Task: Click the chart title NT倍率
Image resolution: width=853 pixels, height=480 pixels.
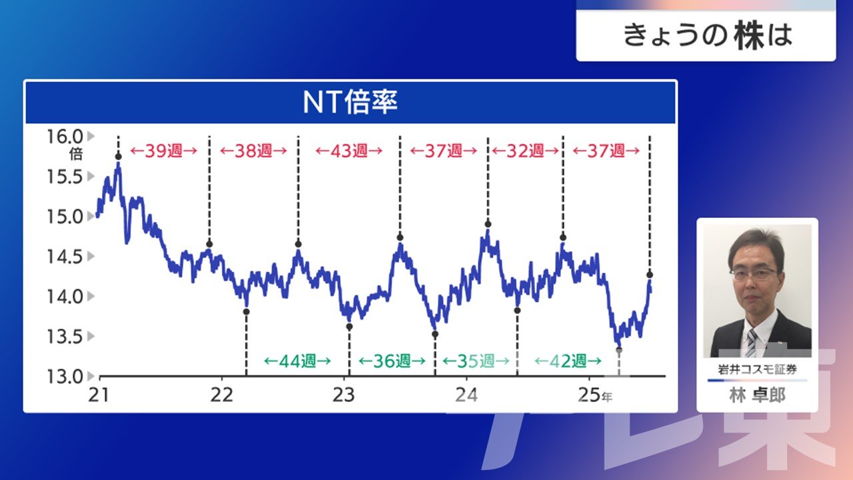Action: coord(350,102)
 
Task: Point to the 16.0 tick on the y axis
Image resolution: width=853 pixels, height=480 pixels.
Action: coord(65,137)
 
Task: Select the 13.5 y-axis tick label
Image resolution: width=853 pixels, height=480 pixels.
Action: coord(65,337)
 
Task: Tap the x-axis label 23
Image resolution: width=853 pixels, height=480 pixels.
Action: coord(343,395)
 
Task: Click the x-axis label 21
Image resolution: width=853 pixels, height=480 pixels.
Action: coord(99,395)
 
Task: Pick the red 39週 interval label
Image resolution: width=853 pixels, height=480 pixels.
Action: coord(164,151)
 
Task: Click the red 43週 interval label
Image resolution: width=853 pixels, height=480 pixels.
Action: coord(349,151)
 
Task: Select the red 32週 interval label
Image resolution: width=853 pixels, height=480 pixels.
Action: coord(525,151)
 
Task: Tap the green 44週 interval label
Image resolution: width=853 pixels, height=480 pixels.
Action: coord(297,361)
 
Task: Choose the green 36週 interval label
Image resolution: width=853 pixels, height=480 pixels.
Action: coord(392,361)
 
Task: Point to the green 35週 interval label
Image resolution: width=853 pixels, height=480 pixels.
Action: coord(476,361)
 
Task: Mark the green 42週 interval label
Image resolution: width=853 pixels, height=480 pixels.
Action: coord(568,361)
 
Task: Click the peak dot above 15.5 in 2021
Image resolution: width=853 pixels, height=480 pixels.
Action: coord(119,157)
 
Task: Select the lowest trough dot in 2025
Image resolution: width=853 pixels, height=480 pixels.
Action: coord(619,350)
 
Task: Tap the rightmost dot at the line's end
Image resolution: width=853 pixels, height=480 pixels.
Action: coord(650,275)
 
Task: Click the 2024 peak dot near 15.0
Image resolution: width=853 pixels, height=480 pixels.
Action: coord(488,225)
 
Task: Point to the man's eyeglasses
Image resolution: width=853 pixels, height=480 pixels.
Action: coord(754,273)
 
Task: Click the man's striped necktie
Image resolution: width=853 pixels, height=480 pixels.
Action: coord(751,343)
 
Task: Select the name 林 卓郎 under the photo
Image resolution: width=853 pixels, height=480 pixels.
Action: coord(757,395)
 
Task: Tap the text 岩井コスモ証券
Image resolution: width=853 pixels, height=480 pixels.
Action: coord(757,369)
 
